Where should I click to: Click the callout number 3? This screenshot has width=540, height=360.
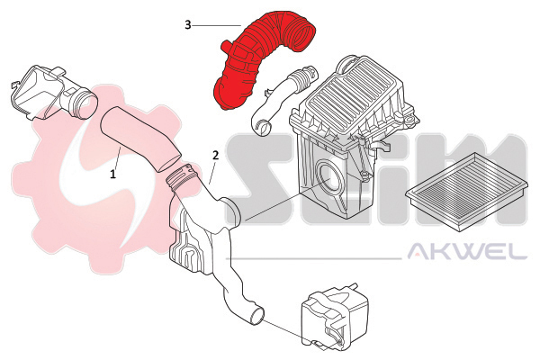point(188,25)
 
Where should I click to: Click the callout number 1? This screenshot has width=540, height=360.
point(113,174)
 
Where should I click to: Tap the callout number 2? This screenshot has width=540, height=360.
point(216,156)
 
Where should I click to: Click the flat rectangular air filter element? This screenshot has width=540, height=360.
point(466,192)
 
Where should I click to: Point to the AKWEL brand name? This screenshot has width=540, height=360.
point(467,251)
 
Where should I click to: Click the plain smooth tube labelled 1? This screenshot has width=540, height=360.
point(139,139)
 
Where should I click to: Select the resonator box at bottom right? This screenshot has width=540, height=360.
point(334,314)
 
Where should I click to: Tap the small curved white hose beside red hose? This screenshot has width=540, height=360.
point(283,99)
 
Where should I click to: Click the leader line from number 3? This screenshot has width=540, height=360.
point(217,25)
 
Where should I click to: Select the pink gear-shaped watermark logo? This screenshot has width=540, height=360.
point(103,179)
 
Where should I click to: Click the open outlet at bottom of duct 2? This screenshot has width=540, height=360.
point(257,315)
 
